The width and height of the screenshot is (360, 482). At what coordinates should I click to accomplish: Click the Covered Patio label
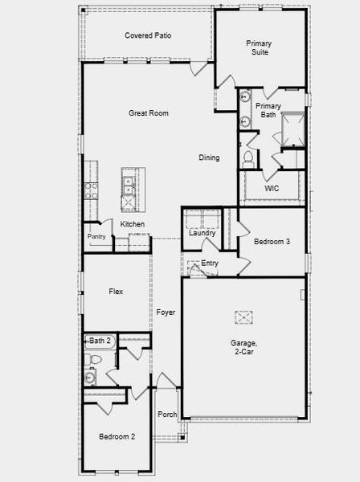(148, 35)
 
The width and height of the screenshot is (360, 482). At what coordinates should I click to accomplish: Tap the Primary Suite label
(258, 47)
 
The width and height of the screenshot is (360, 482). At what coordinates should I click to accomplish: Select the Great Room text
(149, 113)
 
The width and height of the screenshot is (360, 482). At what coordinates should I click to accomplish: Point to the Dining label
(209, 157)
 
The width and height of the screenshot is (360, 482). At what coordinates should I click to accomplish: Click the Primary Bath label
(268, 110)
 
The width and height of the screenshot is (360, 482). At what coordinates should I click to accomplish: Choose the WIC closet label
(272, 189)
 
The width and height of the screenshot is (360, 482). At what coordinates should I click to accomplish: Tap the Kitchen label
(133, 223)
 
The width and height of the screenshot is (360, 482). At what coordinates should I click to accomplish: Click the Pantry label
(96, 236)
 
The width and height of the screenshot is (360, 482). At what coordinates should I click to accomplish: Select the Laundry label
(202, 233)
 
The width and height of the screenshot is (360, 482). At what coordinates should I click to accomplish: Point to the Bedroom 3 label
(272, 241)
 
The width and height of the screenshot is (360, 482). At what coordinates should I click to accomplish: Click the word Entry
(210, 263)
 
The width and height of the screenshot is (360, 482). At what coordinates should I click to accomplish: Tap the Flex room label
(116, 292)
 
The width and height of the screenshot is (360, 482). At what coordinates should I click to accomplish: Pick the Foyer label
(166, 312)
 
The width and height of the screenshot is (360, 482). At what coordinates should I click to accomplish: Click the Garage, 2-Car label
(243, 348)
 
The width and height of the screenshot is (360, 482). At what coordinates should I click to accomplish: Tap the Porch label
(167, 415)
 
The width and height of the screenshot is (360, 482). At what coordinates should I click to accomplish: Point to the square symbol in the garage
(243, 317)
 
